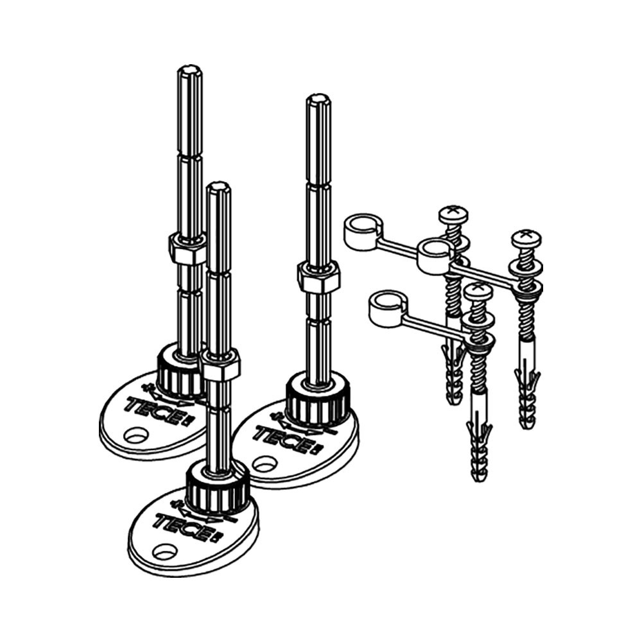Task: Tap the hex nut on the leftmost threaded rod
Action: click(x=187, y=249)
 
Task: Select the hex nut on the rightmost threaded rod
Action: click(x=319, y=276)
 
